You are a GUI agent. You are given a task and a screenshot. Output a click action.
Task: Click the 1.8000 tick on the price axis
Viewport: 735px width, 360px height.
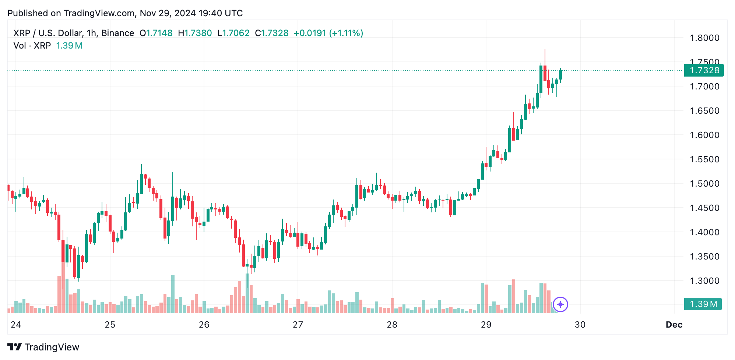[x=704, y=38]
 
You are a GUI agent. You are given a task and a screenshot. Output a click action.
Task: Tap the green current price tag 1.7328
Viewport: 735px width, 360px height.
[x=704, y=70]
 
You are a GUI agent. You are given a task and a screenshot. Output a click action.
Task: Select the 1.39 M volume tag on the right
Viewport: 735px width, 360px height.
[x=703, y=304]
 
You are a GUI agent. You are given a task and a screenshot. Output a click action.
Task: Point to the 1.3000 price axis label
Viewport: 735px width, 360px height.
[x=704, y=281]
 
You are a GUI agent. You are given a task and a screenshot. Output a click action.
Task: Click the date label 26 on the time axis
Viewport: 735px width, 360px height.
[x=204, y=325]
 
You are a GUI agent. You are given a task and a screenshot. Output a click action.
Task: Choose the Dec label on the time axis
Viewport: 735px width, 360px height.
[x=674, y=325]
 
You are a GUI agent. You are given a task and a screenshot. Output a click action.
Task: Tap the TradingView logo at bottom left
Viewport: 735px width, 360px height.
[x=43, y=347]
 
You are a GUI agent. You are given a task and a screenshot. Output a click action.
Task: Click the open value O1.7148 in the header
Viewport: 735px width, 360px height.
[x=156, y=33]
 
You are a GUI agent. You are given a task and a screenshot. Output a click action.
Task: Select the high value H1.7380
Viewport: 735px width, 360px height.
[x=195, y=33]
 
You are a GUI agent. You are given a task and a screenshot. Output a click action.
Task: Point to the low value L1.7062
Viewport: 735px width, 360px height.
[x=233, y=33]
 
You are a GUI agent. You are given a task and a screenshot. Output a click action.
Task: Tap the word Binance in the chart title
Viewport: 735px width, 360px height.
[x=117, y=33]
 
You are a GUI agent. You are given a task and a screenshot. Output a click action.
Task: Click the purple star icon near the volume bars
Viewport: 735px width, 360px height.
[x=560, y=304]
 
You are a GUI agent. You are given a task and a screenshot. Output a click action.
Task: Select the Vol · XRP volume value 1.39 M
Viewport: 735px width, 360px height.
[x=69, y=46]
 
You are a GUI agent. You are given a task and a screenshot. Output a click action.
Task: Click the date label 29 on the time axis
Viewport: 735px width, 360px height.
[x=486, y=325]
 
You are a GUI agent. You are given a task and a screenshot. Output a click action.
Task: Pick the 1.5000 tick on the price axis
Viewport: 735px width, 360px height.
[x=704, y=184]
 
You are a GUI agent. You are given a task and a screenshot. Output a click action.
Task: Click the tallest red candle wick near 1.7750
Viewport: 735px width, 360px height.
[x=545, y=55]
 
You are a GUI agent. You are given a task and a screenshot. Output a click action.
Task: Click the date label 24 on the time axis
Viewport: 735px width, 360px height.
[x=16, y=325]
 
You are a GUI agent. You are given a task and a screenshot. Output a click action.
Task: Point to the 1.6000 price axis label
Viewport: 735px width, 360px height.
[x=704, y=135]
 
